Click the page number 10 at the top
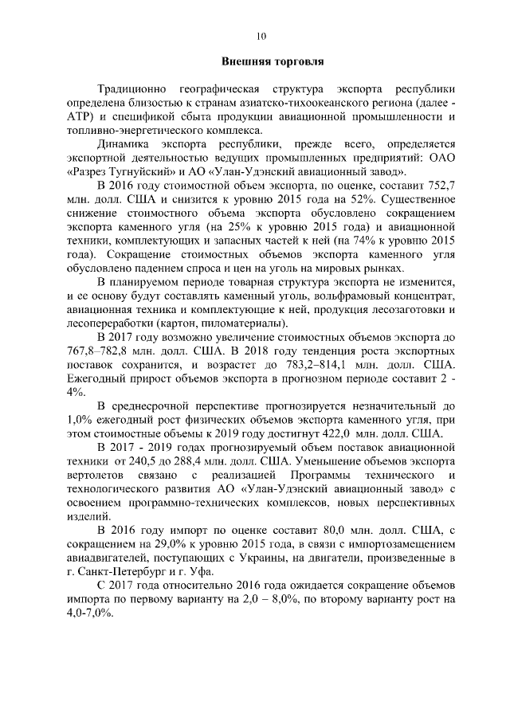tap(261, 35)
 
